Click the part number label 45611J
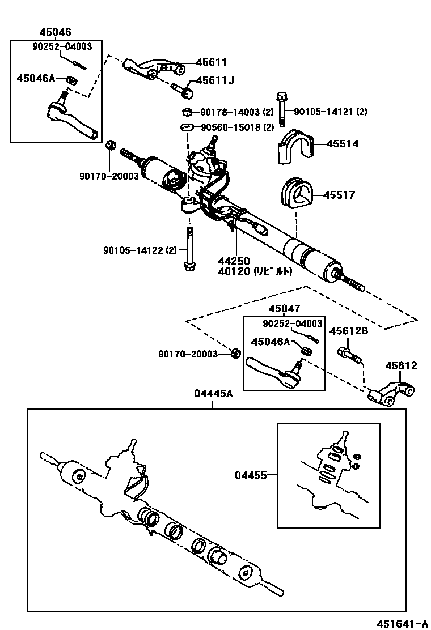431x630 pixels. click(215, 80)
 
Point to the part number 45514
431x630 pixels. click(342, 144)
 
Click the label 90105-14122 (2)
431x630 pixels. click(140, 250)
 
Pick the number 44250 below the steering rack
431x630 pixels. click(234, 261)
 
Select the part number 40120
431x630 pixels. click(234, 271)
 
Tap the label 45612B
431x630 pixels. click(349, 331)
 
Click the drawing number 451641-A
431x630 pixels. click(403, 623)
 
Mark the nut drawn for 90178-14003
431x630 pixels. click(186, 112)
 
